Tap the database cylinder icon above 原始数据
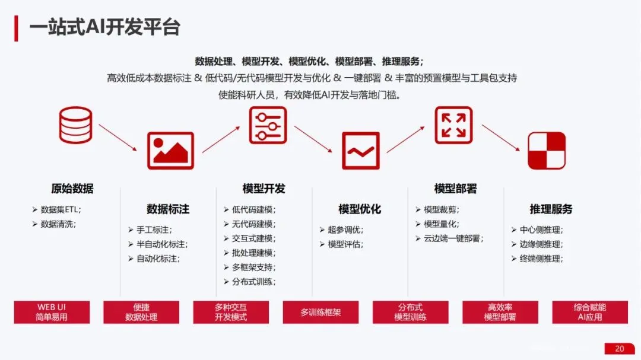(75, 125)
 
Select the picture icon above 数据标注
(171, 151)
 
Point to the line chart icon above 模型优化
(360, 151)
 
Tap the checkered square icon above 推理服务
(547, 151)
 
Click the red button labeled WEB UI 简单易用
(52, 312)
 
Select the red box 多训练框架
(320, 312)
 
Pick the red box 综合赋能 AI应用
(589, 312)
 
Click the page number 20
(620, 348)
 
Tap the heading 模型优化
(360, 209)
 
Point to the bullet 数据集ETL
(61, 209)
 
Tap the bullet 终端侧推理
(541, 259)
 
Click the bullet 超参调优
(345, 230)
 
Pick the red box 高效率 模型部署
(500, 312)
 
